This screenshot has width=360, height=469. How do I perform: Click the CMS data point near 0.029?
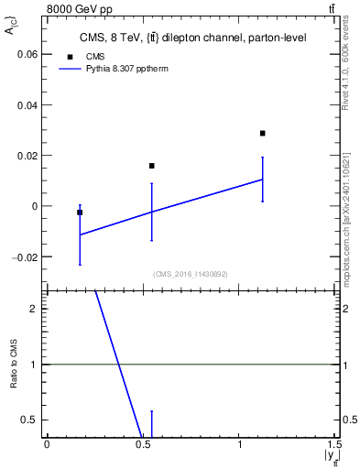(x=262, y=133)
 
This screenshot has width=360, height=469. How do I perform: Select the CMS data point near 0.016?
(x=151, y=166)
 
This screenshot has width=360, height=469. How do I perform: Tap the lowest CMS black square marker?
(x=80, y=213)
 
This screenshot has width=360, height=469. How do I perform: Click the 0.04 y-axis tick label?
(x=29, y=104)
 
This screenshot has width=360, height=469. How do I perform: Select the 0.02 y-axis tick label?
(x=29, y=156)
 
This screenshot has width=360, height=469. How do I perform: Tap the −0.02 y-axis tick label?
(x=26, y=257)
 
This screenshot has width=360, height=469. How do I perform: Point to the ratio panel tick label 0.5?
(x=32, y=420)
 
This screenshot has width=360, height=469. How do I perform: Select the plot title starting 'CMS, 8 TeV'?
(x=192, y=38)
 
